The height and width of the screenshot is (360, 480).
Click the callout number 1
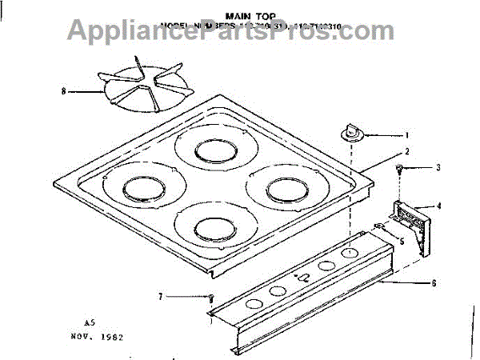click(x=407, y=136)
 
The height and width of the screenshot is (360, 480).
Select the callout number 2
click(x=407, y=151)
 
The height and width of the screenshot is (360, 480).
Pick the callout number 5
click(x=402, y=240)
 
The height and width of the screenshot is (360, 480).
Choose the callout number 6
click(x=434, y=282)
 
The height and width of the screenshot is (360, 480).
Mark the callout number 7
click(x=161, y=297)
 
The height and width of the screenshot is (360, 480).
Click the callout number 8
click(x=62, y=92)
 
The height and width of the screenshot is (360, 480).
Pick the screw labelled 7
click(x=210, y=298)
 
